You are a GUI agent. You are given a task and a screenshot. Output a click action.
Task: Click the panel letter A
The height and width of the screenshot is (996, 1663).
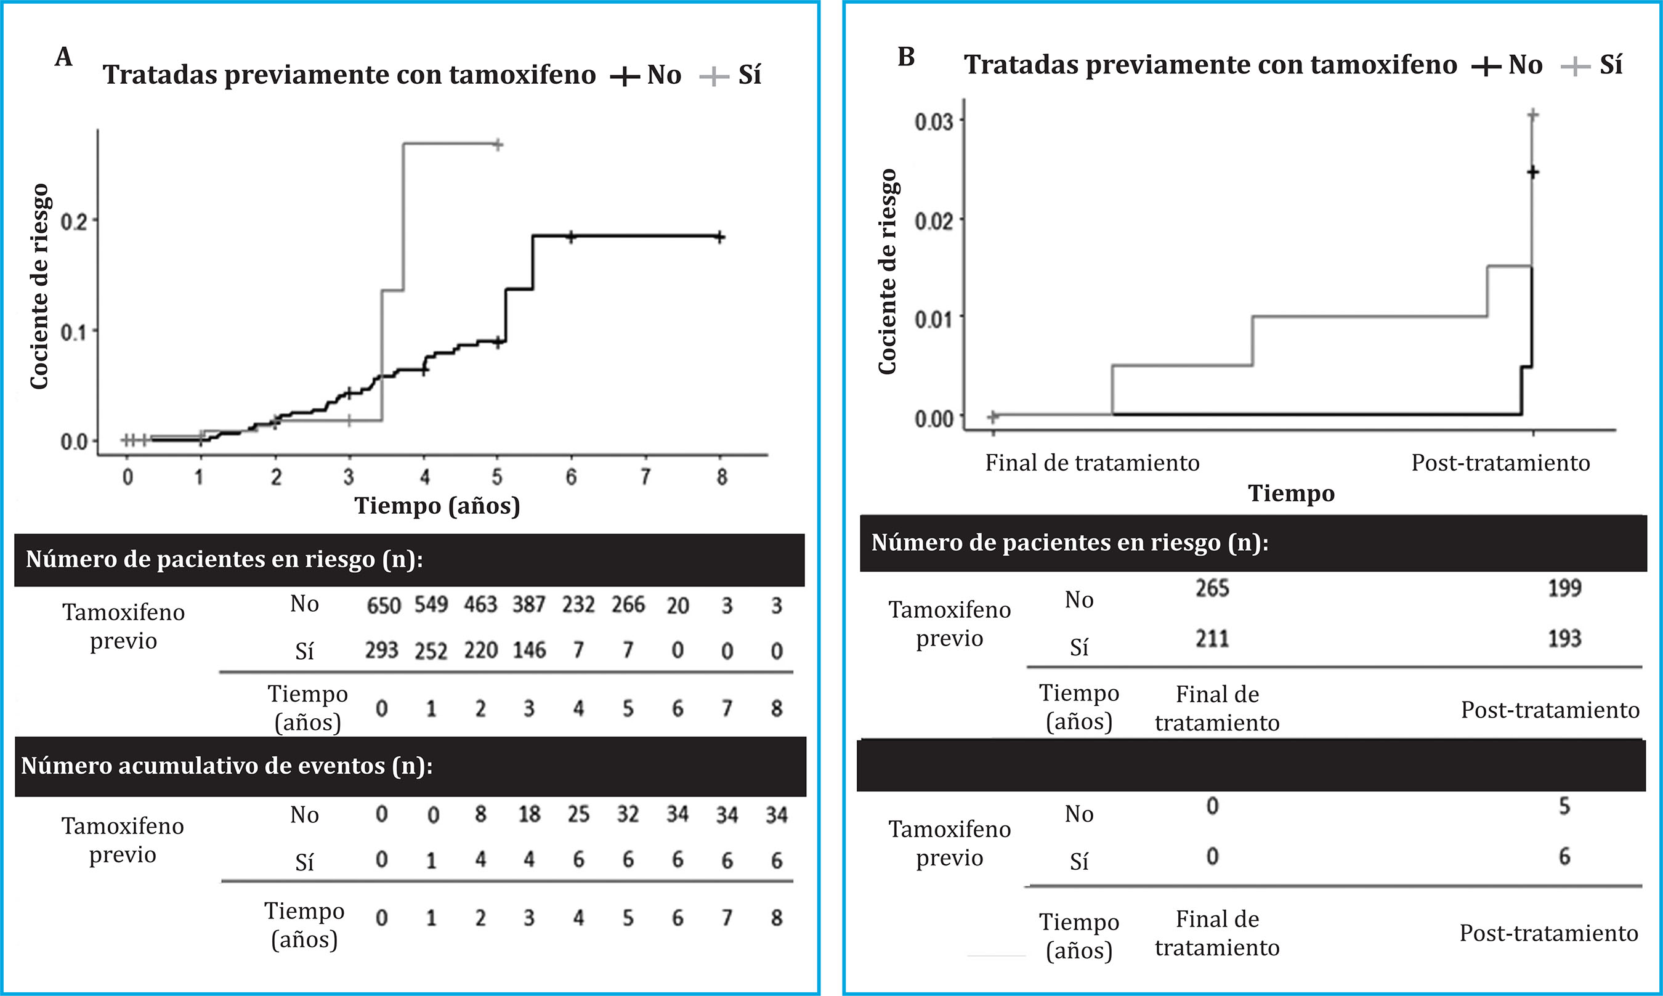64,57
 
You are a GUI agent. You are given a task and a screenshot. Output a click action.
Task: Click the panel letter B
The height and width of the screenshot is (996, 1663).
906,57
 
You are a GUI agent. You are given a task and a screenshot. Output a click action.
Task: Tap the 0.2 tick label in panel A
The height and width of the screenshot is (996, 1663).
74,221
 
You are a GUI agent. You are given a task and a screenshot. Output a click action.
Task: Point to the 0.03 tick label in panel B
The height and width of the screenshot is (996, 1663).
934,121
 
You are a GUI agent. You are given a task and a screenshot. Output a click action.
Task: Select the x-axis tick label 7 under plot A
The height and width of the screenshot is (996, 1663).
645,477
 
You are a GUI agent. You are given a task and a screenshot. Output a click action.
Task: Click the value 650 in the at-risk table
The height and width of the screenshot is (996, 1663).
383,605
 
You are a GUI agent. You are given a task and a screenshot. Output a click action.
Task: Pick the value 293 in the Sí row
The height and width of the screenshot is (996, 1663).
382,650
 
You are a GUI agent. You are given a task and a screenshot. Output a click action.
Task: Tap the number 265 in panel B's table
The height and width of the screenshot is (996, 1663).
1212,589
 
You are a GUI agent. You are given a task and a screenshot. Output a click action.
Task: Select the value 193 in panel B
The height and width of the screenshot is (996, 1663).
1564,638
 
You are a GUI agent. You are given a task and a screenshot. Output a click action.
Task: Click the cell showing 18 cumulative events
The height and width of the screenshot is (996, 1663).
529,814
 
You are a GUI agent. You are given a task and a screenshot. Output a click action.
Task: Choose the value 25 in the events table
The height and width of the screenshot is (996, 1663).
578,814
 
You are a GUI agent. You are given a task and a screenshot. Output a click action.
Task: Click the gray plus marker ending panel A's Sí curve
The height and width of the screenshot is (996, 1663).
497,144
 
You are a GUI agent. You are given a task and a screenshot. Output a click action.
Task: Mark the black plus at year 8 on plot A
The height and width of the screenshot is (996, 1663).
719,237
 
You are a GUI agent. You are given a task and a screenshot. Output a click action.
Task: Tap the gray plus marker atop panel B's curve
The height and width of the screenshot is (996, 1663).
1533,115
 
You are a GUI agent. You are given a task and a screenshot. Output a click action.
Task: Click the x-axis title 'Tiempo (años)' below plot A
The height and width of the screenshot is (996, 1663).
437,505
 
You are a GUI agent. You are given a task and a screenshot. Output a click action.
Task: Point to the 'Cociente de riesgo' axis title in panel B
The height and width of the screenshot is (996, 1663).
887,271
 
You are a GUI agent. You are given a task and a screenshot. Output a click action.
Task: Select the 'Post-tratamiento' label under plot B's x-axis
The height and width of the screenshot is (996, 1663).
1500,463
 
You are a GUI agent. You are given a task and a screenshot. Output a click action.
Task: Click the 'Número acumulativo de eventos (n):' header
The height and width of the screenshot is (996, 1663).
227,766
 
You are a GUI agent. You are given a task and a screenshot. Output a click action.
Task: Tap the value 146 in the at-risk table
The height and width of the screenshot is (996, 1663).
529,650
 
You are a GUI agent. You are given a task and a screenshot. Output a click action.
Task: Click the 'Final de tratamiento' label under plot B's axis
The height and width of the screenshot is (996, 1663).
1092,463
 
